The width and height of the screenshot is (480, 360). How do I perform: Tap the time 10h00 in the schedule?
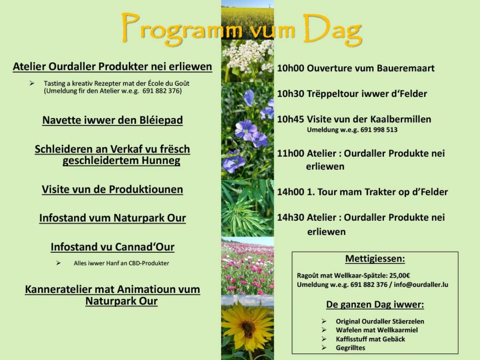pyautogui.click(x=291, y=68)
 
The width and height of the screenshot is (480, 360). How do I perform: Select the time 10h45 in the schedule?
pyautogui.click(x=291, y=120)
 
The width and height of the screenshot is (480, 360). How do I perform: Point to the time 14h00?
pyautogui.click(x=291, y=192)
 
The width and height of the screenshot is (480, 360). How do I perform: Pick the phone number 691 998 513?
pyautogui.click(x=379, y=130)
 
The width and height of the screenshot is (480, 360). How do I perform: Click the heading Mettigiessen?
pyautogui.click(x=375, y=259)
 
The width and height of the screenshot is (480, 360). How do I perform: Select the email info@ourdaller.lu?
pyautogui.click(x=421, y=285)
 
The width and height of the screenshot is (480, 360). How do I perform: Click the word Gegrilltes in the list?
pyautogui.click(x=351, y=348)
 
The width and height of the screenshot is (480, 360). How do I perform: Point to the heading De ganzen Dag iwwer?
pyautogui.click(x=375, y=305)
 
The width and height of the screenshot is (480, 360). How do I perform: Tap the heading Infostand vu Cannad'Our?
pyautogui.click(x=112, y=247)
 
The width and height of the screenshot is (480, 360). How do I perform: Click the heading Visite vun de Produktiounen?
pyautogui.click(x=112, y=189)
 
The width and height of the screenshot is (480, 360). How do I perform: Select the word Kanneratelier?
pyautogui.click(x=59, y=289)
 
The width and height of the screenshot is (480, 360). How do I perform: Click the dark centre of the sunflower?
pyautogui.click(x=247, y=329)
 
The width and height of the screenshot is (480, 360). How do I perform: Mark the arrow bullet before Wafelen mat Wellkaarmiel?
pyautogui.click(x=324, y=330)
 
